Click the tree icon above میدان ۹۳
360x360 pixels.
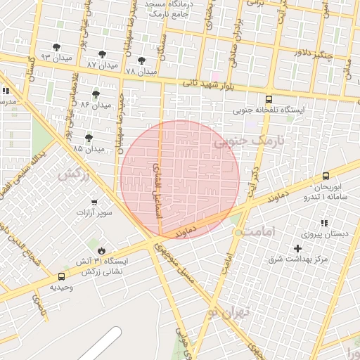(x=57, y=47)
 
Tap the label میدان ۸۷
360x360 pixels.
(x=101, y=65)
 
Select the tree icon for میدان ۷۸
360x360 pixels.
(x=142, y=61)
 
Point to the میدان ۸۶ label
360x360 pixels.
(x=96, y=104)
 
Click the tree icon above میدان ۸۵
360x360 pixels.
(x=88, y=138)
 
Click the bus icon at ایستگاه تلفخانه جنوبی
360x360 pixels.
(x=269, y=100)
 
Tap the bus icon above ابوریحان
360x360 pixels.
(x=326, y=176)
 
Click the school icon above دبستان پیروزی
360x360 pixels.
(x=324, y=223)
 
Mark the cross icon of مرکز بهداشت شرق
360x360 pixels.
(x=297, y=248)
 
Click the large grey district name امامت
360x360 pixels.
(x=272, y=231)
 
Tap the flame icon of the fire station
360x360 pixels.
(x=102, y=251)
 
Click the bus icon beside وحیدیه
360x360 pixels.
(x=62, y=276)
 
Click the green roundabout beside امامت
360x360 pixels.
(x=239, y=231)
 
